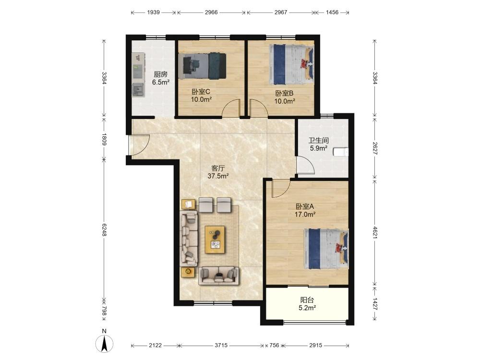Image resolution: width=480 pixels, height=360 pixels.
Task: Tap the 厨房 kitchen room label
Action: tap(160, 74)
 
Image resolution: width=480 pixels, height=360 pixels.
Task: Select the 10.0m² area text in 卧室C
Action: tap(201, 99)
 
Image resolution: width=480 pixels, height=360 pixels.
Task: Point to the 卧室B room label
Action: tap(284, 94)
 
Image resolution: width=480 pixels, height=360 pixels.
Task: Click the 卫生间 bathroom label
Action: tap(318, 141)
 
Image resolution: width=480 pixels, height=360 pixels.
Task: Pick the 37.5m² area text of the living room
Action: tap(218, 176)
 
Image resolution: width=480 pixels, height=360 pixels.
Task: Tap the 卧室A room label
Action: tap(305, 206)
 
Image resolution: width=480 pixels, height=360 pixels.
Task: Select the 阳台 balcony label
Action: tap(307, 300)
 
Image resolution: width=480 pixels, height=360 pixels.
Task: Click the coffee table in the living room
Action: tap(215, 240)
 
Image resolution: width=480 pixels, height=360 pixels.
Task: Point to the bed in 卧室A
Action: tap(326, 249)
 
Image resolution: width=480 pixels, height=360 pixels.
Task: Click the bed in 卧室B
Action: tap(291, 65)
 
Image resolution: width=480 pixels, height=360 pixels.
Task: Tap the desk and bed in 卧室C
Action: tap(203, 65)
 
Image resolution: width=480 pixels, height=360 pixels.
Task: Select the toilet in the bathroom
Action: tap(341, 152)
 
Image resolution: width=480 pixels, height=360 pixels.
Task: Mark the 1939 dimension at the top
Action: tap(154, 12)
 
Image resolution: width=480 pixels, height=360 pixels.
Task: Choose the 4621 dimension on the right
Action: tap(375, 232)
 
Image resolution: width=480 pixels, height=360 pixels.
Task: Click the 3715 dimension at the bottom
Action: tap(221, 345)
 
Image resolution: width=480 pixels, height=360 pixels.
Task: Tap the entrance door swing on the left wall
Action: tap(139, 145)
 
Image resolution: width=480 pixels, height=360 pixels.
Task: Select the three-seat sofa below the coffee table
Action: tap(218, 276)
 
